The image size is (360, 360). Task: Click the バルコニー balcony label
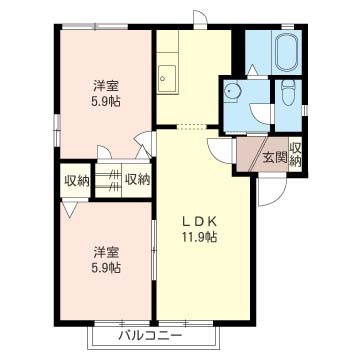pos(151,334)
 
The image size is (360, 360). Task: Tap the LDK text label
pos(199,221)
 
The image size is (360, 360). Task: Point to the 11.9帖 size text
pos(199,237)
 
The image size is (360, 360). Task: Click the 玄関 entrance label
pos(275,157)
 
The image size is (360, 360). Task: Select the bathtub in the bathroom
pos(287,52)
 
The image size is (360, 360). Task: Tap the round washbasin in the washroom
pos(230,90)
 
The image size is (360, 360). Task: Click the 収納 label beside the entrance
pos(295,154)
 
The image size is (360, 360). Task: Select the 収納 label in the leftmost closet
pos(77,180)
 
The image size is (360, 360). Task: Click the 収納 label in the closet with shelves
pos(137,180)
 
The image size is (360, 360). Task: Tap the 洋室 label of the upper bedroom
pos(106,86)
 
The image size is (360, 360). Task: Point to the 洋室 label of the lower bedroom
pos(106,252)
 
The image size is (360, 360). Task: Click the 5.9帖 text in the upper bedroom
pos(106,101)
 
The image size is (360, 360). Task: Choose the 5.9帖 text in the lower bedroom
pos(106,267)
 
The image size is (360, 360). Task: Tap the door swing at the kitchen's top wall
pos(203,16)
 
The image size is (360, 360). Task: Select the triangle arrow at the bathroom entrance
pos(252,70)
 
